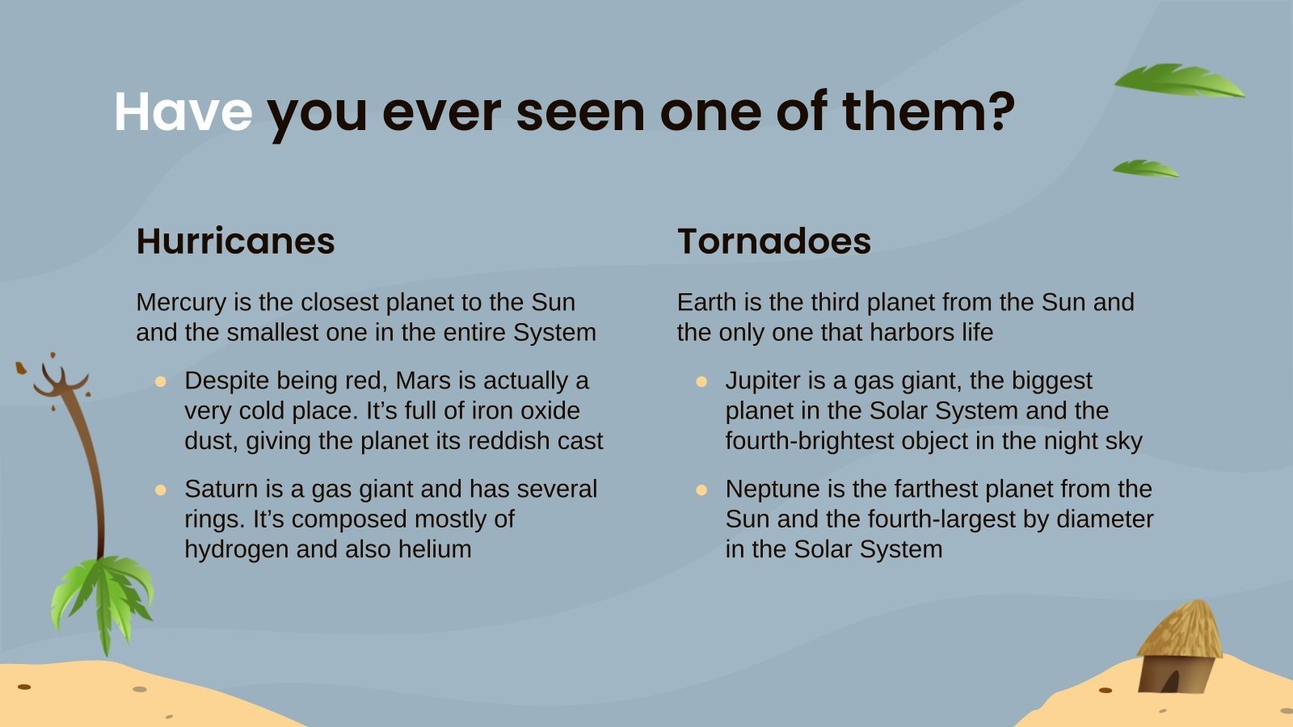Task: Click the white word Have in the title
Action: [x=183, y=111]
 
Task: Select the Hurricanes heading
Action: [x=235, y=241]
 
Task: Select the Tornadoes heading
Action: [x=774, y=241]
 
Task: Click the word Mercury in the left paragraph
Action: [x=181, y=302]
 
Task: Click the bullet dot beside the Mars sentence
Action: [x=161, y=381]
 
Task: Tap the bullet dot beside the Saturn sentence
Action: [x=161, y=490]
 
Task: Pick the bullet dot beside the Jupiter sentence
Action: [x=701, y=381]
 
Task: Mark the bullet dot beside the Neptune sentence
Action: [x=701, y=490]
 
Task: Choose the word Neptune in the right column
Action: [x=771, y=489]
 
